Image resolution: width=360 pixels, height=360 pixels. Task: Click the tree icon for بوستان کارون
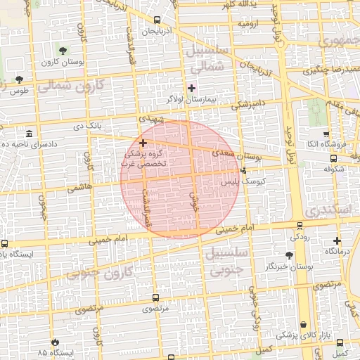[x=63, y=50]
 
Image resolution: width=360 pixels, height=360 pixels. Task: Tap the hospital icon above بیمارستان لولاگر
[x=191, y=89]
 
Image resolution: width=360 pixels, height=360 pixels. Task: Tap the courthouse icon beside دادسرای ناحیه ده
[x=28, y=134]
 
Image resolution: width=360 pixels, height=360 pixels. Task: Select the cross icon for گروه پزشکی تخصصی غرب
[x=143, y=143]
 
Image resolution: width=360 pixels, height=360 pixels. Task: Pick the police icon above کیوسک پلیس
[x=244, y=169]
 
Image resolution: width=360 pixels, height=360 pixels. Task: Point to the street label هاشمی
[x=79, y=188]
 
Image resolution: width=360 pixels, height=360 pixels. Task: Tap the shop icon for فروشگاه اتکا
[x=326, y=134]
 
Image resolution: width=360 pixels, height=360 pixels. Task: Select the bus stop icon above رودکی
[x=300, y=226]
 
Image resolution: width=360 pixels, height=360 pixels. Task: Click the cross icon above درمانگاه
[x=337, y=240]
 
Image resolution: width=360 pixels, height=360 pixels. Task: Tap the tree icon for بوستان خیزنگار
[x=290, y=255]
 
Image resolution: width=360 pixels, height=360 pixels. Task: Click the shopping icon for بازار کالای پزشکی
[x=303, y=325]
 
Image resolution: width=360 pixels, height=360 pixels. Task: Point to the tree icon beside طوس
[x=18, y=79]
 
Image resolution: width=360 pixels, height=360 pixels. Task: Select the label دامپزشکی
[x=248, y=104]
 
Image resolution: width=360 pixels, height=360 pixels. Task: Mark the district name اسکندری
[x=328, y=210]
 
